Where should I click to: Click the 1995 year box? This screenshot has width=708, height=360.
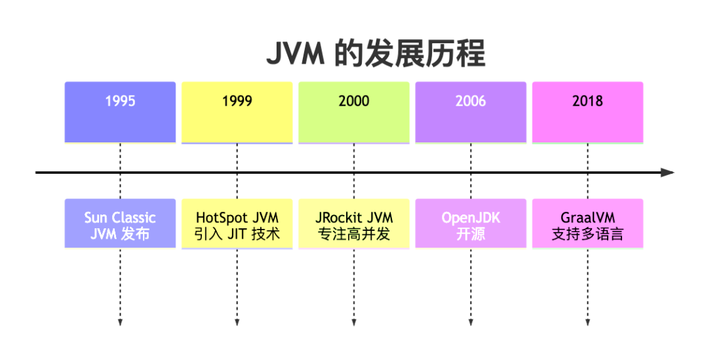(x=120, y=111)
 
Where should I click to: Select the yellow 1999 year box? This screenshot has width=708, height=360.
(x=237, y=111)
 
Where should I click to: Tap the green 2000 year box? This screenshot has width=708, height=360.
(x=353, y=111)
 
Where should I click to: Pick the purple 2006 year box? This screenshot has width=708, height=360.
(x=471, y=111)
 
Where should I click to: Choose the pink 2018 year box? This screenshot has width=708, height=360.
(x=587, y=111)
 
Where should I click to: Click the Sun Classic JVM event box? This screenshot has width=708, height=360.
(x=120, y=224)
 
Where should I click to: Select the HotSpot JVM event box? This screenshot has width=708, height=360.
(x=237, y=224)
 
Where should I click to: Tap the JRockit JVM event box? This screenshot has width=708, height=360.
(x=353, y=224)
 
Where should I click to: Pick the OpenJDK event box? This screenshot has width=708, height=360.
(x=471, y=224)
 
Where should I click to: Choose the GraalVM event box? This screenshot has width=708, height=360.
(x=587, y=224)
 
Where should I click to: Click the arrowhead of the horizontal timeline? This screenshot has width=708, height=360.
(x=668, y=172)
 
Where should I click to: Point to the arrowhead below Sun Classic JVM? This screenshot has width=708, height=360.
(x=120, y=322)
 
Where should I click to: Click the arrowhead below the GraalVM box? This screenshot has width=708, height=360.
(x=587, y=322)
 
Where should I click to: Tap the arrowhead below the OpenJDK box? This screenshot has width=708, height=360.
(x=471, y=322)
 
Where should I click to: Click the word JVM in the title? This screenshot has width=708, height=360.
(x=295, y=54)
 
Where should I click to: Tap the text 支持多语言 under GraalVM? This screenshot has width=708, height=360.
(x=587, y=233)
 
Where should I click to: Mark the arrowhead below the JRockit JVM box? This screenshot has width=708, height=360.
(x=353, y=322)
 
